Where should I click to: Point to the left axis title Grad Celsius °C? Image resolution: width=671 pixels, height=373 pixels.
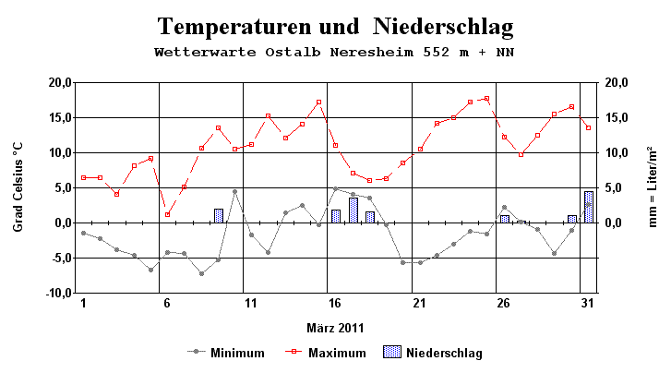(x=18, y=187)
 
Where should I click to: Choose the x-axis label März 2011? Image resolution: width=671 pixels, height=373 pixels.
(x=335, y=328)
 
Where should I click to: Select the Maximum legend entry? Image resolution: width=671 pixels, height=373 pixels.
(x=337, y=353)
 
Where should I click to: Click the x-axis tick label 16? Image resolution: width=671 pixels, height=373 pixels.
(x=335, y=304)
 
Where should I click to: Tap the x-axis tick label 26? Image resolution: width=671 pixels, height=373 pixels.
(x=503, y=304)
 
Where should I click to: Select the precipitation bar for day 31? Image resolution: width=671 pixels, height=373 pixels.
(x=589, y=207)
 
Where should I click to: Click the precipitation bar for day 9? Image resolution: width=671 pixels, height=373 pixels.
(x=219, y=216)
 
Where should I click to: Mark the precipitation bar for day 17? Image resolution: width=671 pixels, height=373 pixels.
(x=353, y=211)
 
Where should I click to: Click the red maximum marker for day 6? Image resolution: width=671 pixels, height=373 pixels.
(x=167, y=214)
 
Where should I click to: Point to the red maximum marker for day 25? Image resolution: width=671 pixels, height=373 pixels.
(x=486, y=98)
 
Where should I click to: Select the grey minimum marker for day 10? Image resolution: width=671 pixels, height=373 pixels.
(x=234, y=191)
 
